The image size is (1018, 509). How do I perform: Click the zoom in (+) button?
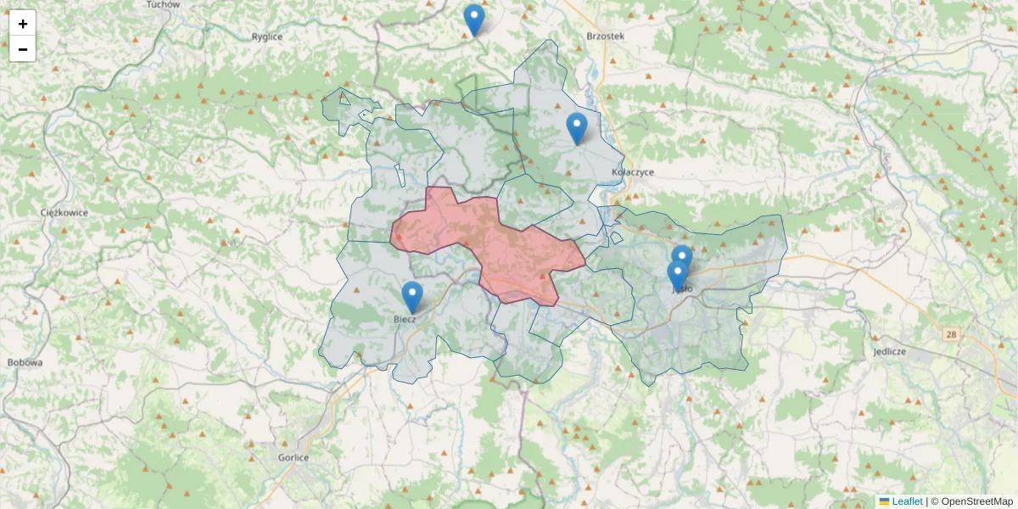coord(23,24)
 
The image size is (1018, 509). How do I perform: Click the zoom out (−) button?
coord(23,49)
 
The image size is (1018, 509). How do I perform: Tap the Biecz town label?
coord(405,319)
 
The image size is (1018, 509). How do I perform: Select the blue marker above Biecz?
coord(411,297)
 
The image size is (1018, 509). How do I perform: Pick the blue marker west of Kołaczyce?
coord(577,128)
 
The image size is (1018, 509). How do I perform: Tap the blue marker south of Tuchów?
coord(474,20)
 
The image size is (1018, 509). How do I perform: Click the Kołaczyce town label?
coord(632,171)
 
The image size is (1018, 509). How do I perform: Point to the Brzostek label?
coord(605,36)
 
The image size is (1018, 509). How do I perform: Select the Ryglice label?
coord(266,36)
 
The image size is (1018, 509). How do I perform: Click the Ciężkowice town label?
coord(64,212)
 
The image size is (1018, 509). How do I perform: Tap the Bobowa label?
coord(25,362)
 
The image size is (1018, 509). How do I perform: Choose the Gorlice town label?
coord(294,457)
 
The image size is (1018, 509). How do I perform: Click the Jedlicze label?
coord(889,350)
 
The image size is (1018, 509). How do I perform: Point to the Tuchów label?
coord(163,4)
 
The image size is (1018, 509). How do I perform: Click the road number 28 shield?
coord(951,335)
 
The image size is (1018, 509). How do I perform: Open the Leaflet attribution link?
coord(907,501)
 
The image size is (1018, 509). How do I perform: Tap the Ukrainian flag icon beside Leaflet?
coord(884,501)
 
